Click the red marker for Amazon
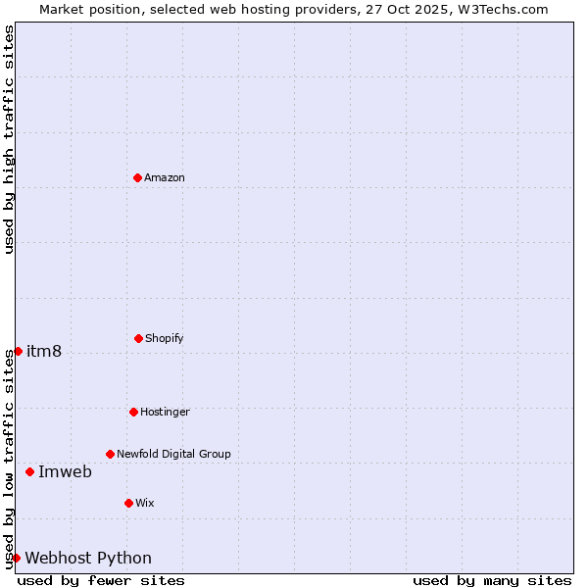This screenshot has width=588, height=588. [x=137, y=177]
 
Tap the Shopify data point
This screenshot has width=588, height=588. [x=138, y=338]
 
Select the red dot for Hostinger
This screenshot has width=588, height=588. [x=133, y=412]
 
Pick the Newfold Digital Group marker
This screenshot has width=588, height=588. [x=110, y=454]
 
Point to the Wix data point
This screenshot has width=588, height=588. [x=128, y=503]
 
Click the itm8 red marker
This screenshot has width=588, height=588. [x=18, y=351]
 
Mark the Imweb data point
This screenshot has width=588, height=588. [x=29, y=471]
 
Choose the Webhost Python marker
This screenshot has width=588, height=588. [x=16, y=558]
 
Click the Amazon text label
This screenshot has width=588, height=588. [x=165, y=177]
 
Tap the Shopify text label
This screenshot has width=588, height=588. [x=165, y=338]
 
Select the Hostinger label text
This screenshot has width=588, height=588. [x=165, y=412]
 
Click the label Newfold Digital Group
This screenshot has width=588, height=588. [x=173, y=454]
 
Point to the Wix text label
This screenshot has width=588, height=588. [x=145, y=503]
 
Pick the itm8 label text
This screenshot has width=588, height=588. [x=44, y=351]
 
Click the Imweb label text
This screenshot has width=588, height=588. [x=65, y=471]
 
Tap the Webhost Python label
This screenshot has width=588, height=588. [x=88, y=558]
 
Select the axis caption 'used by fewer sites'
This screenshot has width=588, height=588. [x=101, y=580]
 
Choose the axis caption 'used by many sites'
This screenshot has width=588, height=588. [x=492, y=580]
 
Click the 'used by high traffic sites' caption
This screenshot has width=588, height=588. [x=9, y=139]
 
